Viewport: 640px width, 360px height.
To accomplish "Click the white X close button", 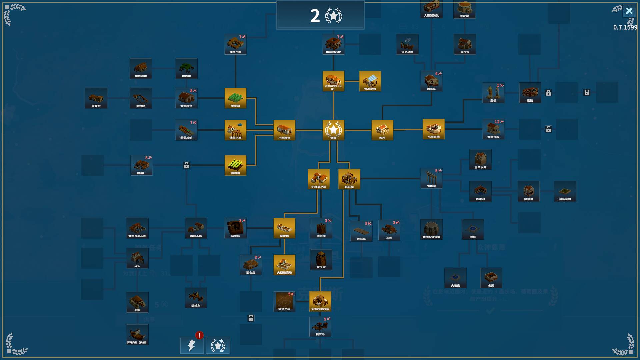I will click(x=629, y=11).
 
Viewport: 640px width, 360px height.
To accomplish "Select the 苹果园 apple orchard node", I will click(x=235, y=98).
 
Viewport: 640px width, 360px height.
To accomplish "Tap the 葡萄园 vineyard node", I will click(x=235, y=165).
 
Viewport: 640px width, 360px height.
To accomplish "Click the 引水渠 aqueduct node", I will click(x=431, y=178).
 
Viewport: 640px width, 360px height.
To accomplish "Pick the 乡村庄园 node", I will click(x=235, y=44).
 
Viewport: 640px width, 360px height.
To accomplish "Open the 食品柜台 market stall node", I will click(x=370, y=81).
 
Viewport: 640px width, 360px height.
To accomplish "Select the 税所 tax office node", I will click(x=382, y=130).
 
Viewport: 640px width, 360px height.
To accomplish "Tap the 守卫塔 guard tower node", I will click(x=321, y=259).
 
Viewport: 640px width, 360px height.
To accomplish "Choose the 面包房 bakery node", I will click(x=251, y=265).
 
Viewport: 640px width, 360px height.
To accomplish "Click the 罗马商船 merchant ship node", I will click(x=137, y=334).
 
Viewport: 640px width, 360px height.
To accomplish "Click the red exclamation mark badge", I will click(x=199, y=335).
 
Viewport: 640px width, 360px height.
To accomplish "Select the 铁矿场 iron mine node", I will click(x=320, y=326).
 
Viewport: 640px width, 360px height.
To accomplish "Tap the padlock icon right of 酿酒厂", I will click(x=187, y=165).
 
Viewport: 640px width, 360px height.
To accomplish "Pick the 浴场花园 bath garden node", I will click(x=565, y=191).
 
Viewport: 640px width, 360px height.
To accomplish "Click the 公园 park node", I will click(x=491, y=278).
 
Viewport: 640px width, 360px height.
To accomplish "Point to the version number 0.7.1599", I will click(x=625, y=27).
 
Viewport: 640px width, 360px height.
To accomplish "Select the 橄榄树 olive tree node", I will click(x=186, y=68).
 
